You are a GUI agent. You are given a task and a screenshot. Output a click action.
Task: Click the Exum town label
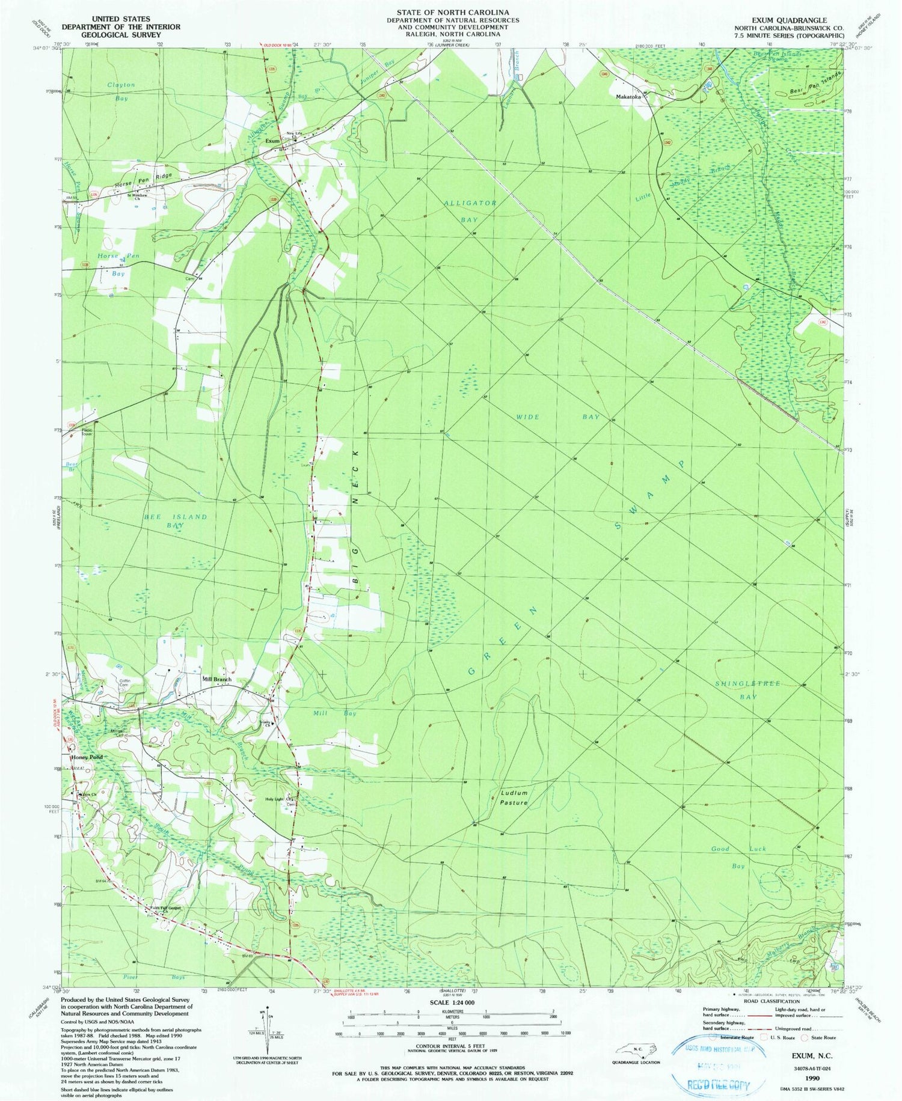(x=272, y=141)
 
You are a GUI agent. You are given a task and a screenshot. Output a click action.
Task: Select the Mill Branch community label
(x=216, y=679)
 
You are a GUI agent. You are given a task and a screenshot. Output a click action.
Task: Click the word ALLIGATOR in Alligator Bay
(x=470, y=203)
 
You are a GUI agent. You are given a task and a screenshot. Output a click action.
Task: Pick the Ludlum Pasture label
(x=514, y=798)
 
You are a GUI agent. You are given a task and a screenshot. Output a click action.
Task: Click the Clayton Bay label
(x=121, y=91)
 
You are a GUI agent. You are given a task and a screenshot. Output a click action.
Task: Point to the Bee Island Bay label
(x=167, y=520)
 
